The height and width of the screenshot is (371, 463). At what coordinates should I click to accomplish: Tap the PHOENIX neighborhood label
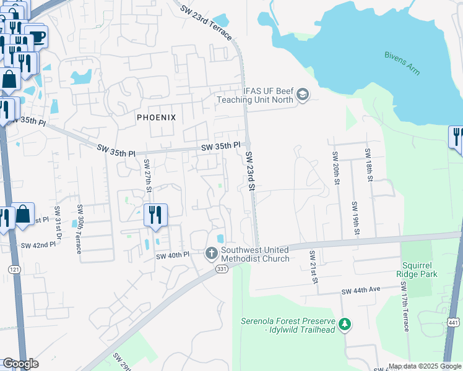click(157, 117)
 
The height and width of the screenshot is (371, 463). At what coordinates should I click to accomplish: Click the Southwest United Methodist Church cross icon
click(211, 253)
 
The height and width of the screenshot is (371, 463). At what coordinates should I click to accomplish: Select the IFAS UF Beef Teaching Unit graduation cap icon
click(302, 95)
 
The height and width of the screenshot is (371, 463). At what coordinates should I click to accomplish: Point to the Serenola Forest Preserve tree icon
click(345, 324)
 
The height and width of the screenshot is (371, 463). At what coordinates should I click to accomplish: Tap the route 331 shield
click(222, 268)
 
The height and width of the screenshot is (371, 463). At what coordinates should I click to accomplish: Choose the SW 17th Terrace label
click(405, 305)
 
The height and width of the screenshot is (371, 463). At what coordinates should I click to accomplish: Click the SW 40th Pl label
click(172, 255)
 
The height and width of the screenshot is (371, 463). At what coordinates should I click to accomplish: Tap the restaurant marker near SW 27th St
click(155, 215)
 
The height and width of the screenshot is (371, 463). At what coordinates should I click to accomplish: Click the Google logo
click(20, 364)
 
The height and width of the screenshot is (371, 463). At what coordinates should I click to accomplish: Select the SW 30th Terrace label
click(79, 228)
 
